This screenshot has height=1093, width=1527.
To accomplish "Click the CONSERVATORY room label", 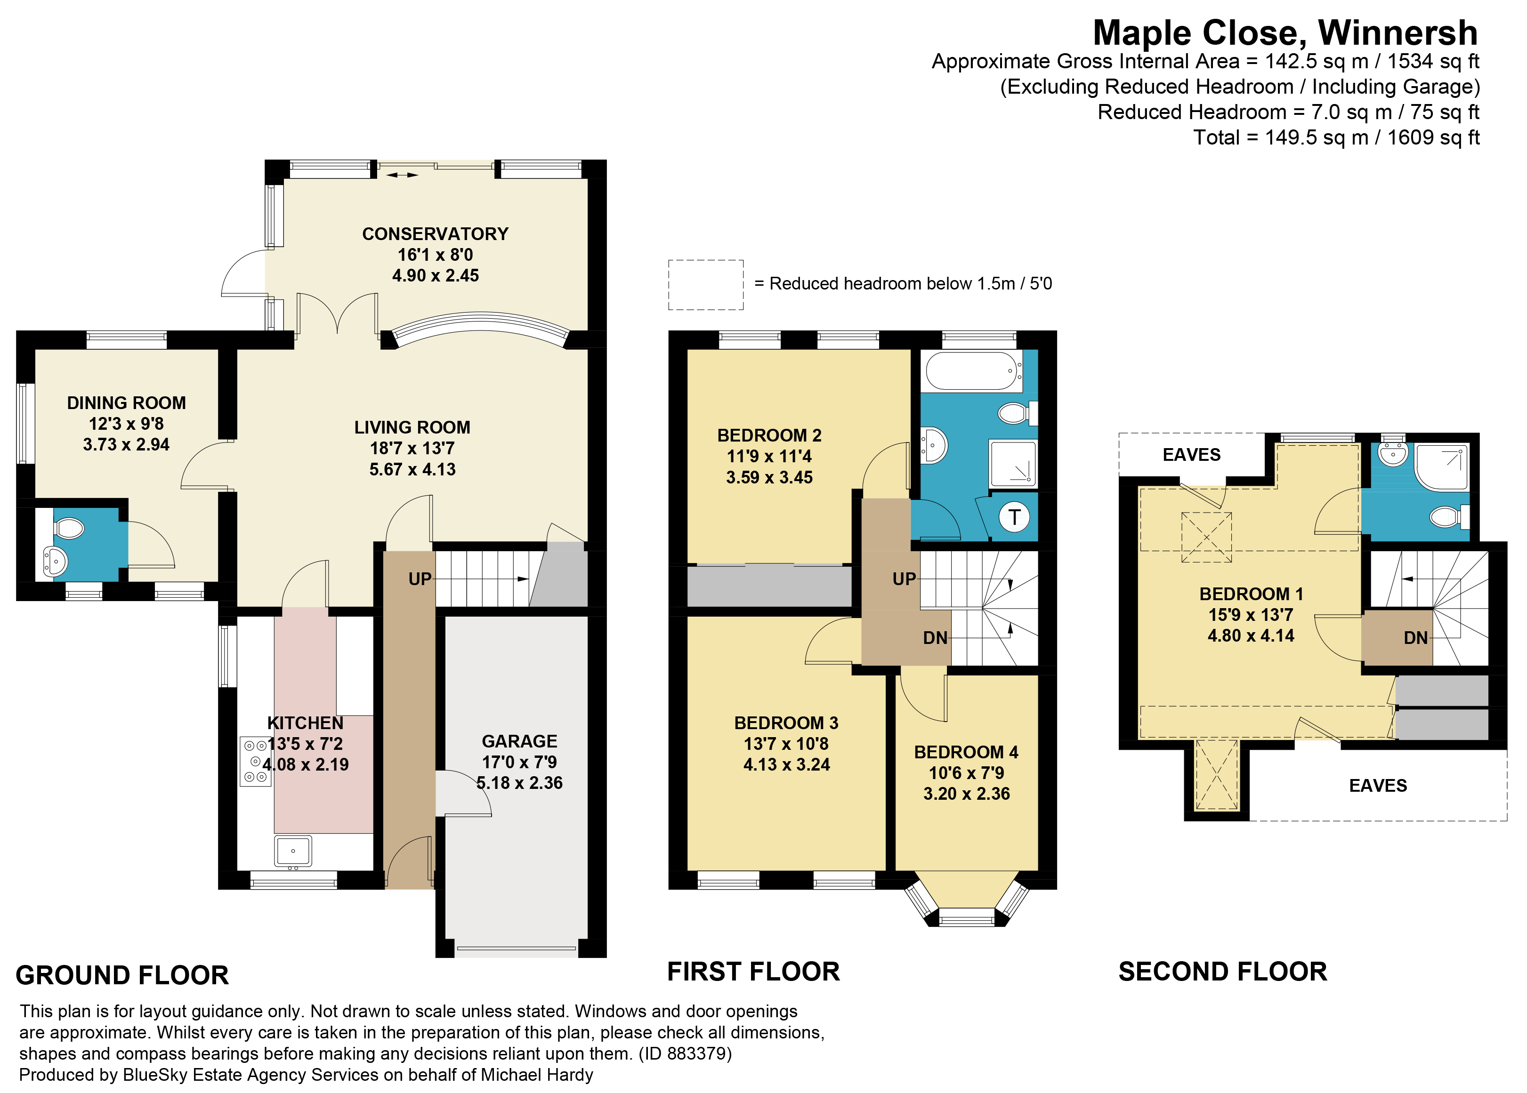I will click(x=435, y=233).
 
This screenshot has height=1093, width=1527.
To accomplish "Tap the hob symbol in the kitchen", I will click(x=255, y=761).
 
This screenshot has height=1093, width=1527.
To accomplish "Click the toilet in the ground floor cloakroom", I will click(x=69, y=528).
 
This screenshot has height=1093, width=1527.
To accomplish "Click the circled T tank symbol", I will click(x=1014, y=518).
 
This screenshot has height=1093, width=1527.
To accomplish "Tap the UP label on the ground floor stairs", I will click(x=420, y=579).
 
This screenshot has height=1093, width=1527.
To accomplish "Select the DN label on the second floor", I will click(x=1415, y=638).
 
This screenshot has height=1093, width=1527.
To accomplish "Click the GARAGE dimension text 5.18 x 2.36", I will click(x=519, y=783).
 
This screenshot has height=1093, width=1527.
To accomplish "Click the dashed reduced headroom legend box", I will click(x=706, y=285).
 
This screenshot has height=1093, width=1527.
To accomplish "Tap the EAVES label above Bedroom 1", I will click(x=1191, y=455).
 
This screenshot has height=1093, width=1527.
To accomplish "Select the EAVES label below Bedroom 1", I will click(x=1378, y=786).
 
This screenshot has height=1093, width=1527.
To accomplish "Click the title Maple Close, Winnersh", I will click(x=1285, y=32).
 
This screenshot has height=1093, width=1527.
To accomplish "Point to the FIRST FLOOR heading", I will click(x=753, y=972).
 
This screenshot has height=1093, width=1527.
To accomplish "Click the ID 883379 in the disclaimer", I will click(x=698, y=1053).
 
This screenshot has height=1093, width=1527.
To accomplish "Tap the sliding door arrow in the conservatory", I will click(x=402, y=176).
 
